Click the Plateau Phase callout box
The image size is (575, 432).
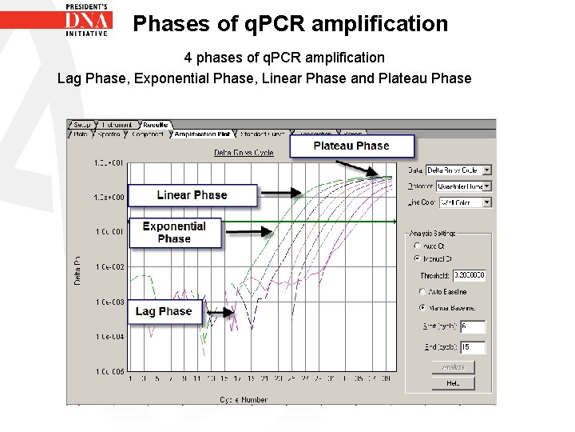tap(351, 146)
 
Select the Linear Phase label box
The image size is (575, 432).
tap(192, 195)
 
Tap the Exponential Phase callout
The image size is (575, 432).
tap(174, 232)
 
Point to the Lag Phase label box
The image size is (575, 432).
tap(164, 311)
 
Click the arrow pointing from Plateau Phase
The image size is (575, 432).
tap(359, 167)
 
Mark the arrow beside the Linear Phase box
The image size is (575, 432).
tap(280, 192)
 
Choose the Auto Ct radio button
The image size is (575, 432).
tap(416, 246)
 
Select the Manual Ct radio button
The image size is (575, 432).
tap(416, 258)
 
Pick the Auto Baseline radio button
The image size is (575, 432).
tap(422, 291)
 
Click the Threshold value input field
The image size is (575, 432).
tap(470, 275)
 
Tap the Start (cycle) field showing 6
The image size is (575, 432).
tap(472, 327)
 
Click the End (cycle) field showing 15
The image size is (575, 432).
tap(472, 347)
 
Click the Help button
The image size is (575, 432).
tap(454, 383)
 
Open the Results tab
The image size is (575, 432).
tap(155, 125)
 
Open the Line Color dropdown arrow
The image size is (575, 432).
tap(487, 202)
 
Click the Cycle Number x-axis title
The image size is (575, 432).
tap(244, 398)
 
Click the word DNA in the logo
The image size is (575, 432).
tap(87, 19)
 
